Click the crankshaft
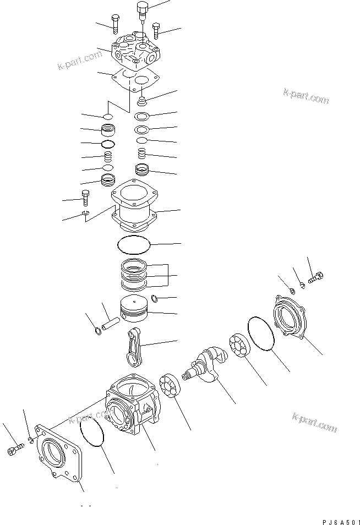pos(209,364)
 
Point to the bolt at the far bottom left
pos(14,450)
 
